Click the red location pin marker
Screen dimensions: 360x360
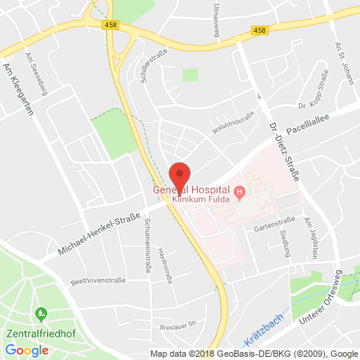click(182, 176)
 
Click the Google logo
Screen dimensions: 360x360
click(27, 350)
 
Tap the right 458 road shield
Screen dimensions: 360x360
click(258, 31)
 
